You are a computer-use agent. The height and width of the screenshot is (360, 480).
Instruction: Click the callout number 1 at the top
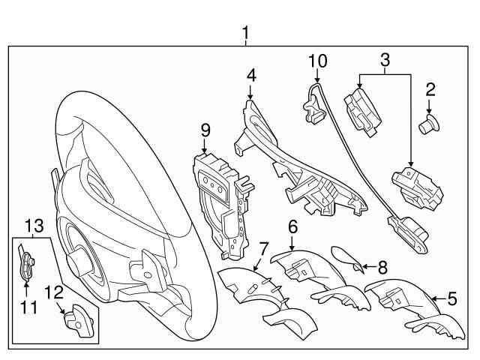click(246, 33)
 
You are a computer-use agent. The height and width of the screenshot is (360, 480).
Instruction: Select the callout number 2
click(430, 91)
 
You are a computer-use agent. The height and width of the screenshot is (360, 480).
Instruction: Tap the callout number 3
click(385, 59)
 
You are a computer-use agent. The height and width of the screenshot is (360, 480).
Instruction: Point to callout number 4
click(251, 75)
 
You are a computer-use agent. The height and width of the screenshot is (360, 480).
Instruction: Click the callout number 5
click(451, 298)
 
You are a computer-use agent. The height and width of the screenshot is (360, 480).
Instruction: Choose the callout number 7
click(263, 247)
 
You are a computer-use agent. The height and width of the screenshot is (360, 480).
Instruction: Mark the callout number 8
click(382, 265)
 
